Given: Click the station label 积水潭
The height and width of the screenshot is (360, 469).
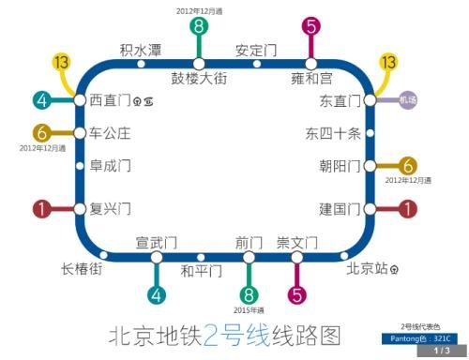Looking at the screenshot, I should tap(140, 51).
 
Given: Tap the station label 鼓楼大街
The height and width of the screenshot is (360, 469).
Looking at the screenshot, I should tap(199, 79).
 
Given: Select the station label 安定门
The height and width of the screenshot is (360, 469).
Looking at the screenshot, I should tap(254, 51).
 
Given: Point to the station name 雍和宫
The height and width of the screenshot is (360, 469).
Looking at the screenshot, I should tap(311, 79).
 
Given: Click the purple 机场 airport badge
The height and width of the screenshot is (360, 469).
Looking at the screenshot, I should tap(407, 100).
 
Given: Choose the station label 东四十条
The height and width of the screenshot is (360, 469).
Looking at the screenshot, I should tap(333, 133).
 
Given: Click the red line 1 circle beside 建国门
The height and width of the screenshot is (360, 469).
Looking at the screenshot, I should tap(407, 209).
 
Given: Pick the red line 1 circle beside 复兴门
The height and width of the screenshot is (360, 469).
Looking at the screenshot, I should tap(41, 209).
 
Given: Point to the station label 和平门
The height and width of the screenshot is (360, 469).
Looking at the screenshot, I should tap(201, 272).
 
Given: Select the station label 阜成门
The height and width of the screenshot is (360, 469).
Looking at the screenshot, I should tap(111, 166).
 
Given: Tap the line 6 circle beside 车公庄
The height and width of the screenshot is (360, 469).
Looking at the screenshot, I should tap(41, 132).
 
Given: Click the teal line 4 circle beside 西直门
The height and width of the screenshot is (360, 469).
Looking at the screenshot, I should tap(41, 100).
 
